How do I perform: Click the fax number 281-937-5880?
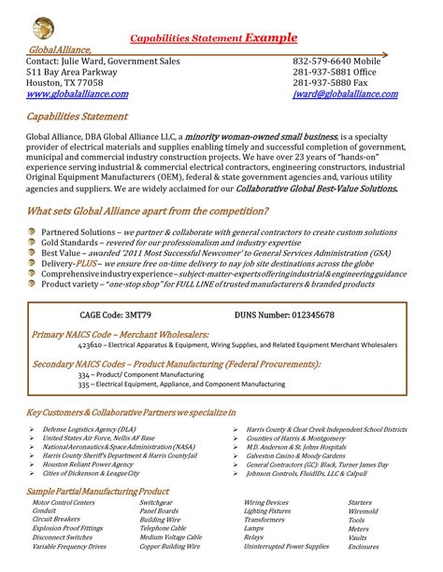click(327, 82)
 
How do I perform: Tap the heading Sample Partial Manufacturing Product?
click(98, 491)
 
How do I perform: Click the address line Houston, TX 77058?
click(64, 82)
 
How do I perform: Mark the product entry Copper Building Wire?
click(172, 547)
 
